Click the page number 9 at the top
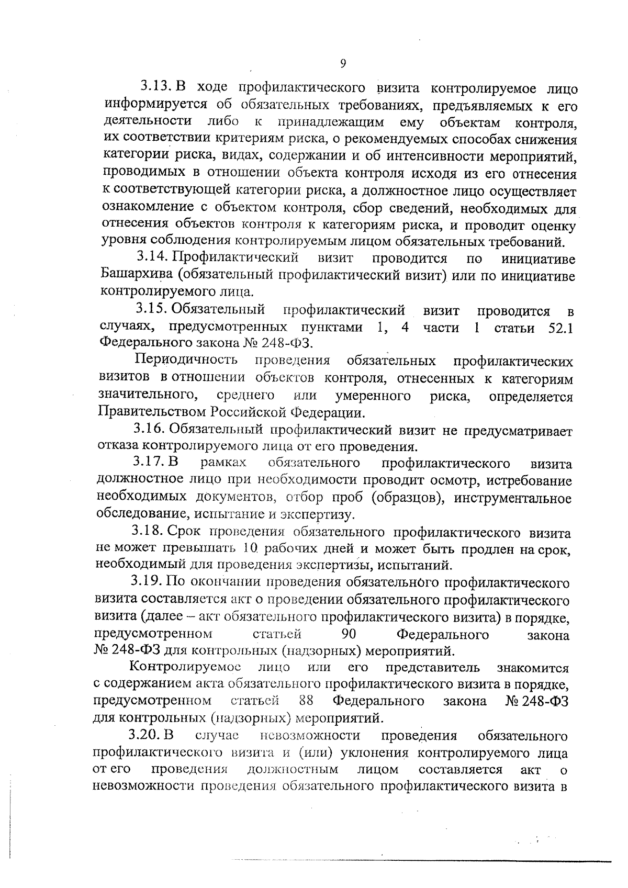pos(343,63)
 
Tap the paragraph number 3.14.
pos(152,258)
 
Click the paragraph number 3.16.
pos(149,430)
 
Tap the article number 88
pos(306,700)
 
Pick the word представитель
pos(432,668)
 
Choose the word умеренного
pos(373,396)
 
